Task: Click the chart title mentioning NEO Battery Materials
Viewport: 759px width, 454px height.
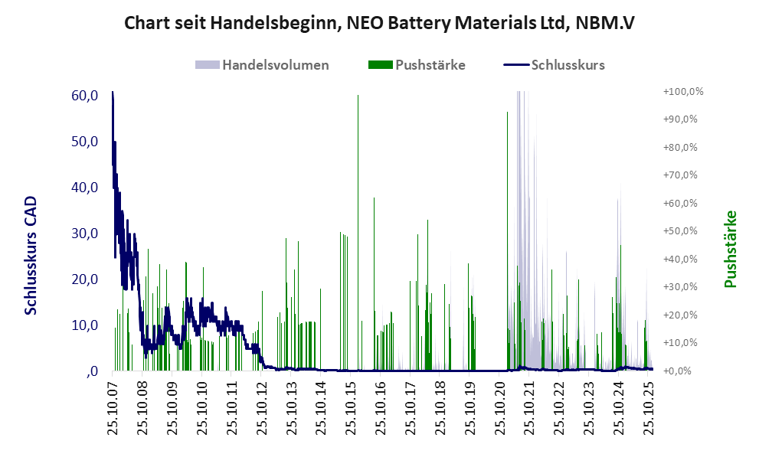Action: tap(379, 24)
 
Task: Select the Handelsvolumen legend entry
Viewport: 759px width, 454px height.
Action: tap(275, 65)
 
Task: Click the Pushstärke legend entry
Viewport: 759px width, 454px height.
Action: tap(430, 65)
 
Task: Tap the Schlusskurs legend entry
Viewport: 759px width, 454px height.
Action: tap(568, 65)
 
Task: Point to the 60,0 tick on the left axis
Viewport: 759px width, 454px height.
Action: tap(83, 96)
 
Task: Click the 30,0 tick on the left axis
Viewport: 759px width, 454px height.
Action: tap(83, 234)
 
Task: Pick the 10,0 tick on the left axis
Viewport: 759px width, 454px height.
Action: tap(83, 325)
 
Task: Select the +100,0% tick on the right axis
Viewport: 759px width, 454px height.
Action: tap(682, 92)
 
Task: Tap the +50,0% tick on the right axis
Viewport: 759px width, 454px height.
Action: tap(682, 231)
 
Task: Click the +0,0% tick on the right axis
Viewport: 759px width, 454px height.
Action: tap(682, 371)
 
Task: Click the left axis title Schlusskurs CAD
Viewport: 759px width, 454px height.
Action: tap(31, 256)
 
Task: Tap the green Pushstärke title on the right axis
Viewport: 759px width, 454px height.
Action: tap(730, 249)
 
